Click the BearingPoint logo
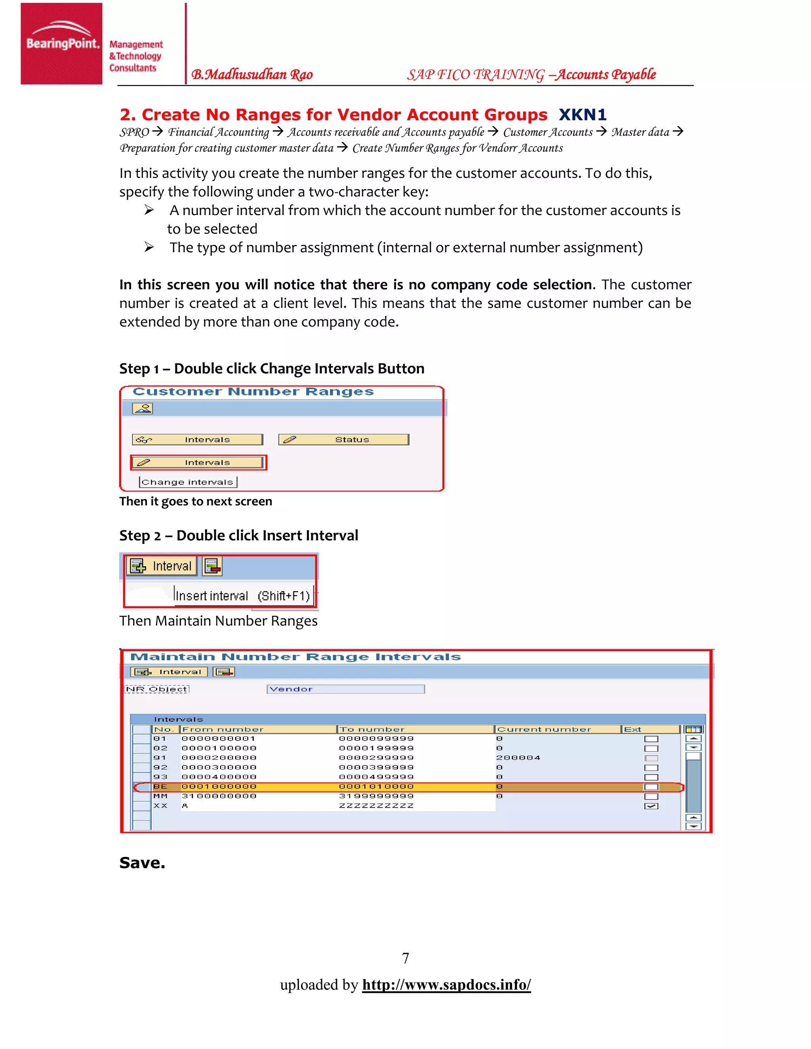click(61, 43)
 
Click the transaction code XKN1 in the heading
click(582, 115)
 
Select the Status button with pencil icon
click(343, 439)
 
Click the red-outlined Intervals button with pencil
click(198, 462)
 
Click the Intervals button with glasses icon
click(198, 439)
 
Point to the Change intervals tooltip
click(188, 482)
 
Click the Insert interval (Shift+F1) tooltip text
click(243, 596)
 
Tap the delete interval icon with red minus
click(212, 567)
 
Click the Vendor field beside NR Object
click(345, 689)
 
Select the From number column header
click(223, 729)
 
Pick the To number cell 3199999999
click(376, 796)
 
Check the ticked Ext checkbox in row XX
click(651, 806)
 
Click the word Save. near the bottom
click(142, 863)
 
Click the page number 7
click(405, 959)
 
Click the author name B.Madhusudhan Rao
click(252, 74)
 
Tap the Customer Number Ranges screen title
click(253, 392)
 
